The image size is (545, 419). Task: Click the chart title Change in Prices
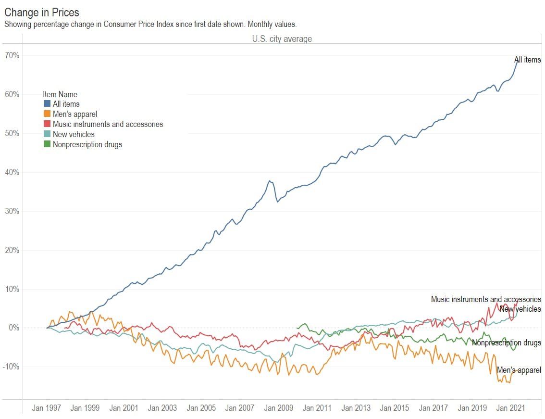coord(42,13)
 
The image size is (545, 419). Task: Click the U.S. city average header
coord(282,39)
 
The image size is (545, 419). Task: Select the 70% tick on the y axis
coord(12,55)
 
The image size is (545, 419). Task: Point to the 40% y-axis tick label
coord(12,172)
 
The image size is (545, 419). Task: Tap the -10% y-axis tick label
coord(11,367)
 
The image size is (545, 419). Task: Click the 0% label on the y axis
coord(13,328)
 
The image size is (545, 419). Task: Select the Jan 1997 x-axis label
coord(47,408)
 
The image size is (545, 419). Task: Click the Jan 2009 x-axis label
coord(279,408)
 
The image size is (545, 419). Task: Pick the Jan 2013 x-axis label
coord(356,408)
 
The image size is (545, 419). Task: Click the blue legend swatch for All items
coord(47,104)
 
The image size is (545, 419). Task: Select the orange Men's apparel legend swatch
coord(47,114)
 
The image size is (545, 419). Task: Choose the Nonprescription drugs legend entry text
coord(87,144)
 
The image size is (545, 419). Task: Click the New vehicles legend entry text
coord(74,134)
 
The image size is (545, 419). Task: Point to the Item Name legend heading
coord(60,94)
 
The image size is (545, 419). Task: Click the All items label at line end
coord(527,60)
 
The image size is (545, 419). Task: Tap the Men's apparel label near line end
coord(519,370)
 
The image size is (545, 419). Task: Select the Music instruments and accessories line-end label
coord(486,299)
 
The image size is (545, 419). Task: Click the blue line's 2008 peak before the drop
coord(270,181)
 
